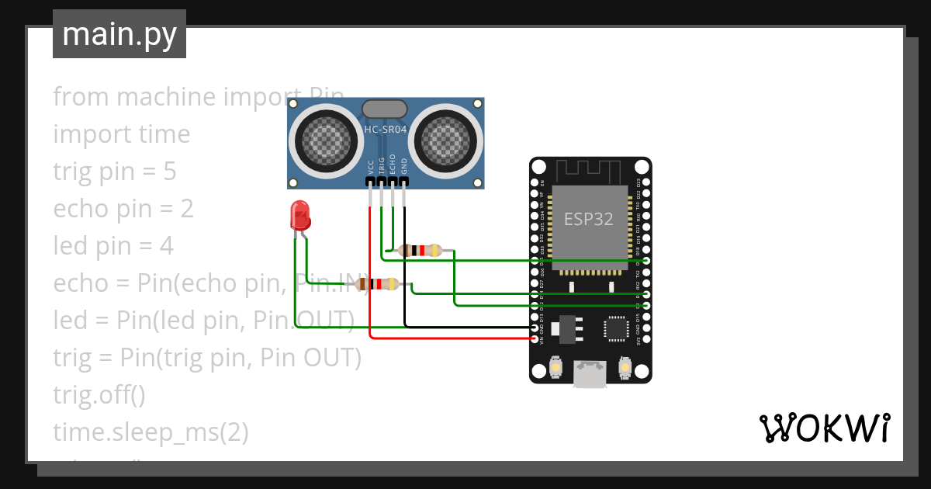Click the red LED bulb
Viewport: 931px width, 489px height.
[299, 213]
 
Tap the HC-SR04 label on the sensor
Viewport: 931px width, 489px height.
[386, 130]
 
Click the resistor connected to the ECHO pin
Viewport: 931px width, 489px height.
[419, 250]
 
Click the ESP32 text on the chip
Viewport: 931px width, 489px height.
[588, 219]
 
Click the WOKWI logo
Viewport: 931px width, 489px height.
[824, 428]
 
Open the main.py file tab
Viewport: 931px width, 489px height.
[119, 35]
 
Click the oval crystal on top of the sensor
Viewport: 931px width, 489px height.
[385, 109]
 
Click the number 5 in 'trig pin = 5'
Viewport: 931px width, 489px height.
[169, 172]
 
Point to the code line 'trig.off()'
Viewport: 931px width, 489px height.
[99, 395]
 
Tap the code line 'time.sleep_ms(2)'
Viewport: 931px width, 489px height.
[151, 432]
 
